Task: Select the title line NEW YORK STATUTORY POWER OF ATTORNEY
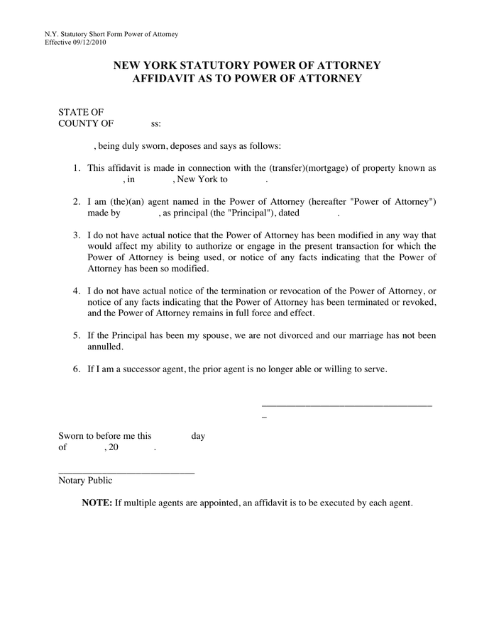click(247, 65)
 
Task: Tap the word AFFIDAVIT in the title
click(166, 79)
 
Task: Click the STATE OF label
click(82, 112)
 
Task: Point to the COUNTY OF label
click(86, 123)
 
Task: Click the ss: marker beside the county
click(156, 124)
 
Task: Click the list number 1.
click(77, 168)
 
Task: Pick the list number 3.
click(77, 235)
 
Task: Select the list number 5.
click(77, 335)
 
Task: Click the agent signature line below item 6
click(346, 405)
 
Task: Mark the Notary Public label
click(85, 481)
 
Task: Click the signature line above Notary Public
click(126, 472)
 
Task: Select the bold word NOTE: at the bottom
click(97, 503)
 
